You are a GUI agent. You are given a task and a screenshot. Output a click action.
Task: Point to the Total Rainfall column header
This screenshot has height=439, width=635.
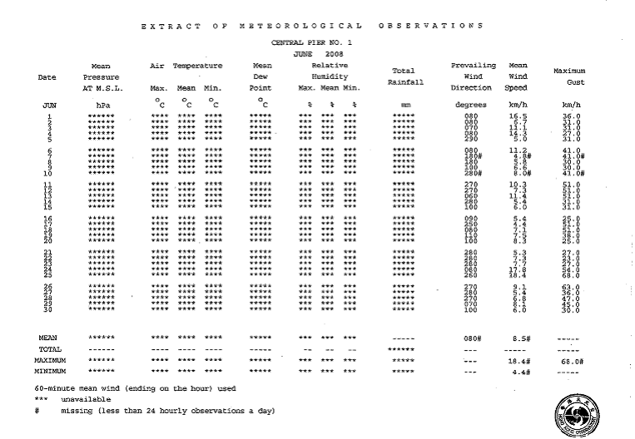click(403, 76)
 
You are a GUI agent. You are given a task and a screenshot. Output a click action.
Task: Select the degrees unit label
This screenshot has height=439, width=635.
click(473, 106)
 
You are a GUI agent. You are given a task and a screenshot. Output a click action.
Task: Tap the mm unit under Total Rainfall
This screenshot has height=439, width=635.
click(405, 106)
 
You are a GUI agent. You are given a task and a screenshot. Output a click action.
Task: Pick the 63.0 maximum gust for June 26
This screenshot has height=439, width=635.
click(570, 287)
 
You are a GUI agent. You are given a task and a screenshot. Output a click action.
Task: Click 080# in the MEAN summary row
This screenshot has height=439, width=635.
click(473, 338)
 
